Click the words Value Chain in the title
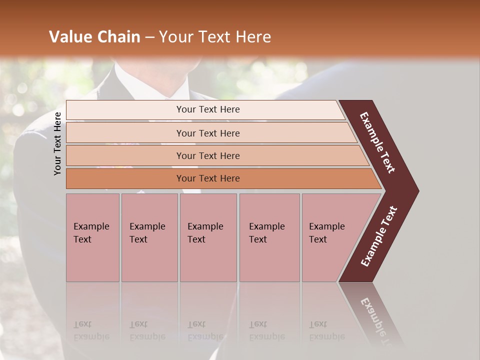click(x=94, y=37)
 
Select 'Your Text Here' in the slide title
click(x=215, y=37)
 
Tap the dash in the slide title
click(x=149, y=37)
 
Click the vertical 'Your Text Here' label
click(x=57, y=143)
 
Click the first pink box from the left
click(x=92, y=237)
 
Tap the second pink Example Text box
click(x=149, y=237)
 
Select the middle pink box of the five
click(x=208, y=237)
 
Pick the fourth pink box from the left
click(x=269, y=237)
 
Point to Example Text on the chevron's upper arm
click(x=377, y=142)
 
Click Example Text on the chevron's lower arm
click(x=379, y=236)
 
